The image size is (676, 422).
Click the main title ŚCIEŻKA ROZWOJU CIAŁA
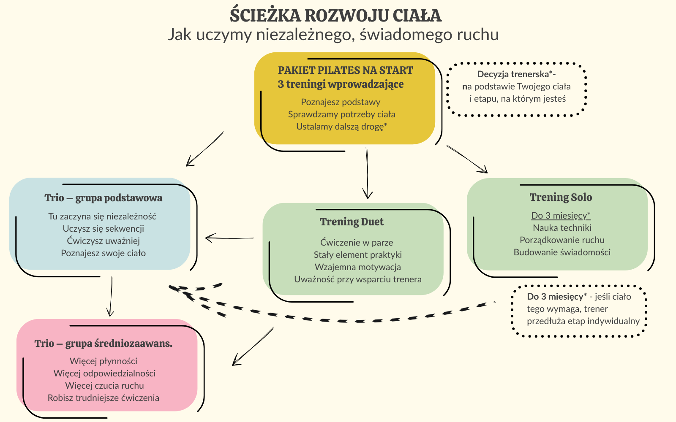(x=335, y=15)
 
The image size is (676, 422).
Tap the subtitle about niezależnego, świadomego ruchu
(x=333, y=34)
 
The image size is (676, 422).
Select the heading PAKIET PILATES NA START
(x=345, y=70)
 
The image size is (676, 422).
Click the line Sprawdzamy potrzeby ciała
(x=341, y=114)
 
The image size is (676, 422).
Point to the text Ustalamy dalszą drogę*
(x=341, y=126)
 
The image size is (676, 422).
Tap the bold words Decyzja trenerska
(x=513, y=74)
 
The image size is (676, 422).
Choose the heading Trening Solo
(x=561, y=197)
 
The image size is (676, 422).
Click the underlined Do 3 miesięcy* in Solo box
(x=561, y=216)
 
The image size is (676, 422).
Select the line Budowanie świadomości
(x=562, y=252)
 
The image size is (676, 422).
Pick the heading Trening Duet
(x=352, y=222)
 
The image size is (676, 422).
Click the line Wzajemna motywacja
(x=357, y=267)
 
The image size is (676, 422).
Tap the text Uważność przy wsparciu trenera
(x=357, y=279)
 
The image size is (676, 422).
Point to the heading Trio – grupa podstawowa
(x=103, y=198)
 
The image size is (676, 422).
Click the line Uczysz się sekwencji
(x=103, y=229)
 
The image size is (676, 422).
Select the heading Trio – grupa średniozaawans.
(x=103, y=344)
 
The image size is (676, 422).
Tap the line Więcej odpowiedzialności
(x=104, y=373)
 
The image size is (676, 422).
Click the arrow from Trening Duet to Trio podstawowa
(x=229, y=238)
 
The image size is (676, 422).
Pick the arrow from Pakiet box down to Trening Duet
(x=367, y=173)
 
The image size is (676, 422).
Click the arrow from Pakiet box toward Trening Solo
(x=467, y=159)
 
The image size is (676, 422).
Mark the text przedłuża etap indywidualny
(x=583, y=321)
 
